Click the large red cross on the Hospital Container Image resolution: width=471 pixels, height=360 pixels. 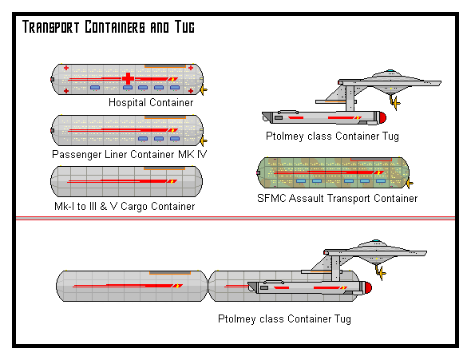tap(128, 79)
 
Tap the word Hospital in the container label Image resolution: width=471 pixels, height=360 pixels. tap(126, 103)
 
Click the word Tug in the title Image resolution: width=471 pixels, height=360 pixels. tap(184, 26)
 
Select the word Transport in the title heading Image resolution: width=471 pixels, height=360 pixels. tap(51, 26)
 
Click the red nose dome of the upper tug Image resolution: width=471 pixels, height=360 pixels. tap(382, 117)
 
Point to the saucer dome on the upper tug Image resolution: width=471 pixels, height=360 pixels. tap(390, 71)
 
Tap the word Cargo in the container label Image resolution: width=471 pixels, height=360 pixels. tap(134, 207)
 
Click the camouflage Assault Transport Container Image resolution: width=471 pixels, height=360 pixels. tap(334, 172)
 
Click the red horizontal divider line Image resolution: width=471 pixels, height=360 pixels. tap(235, 218)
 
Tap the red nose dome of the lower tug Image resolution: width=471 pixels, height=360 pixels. tap(368, 287)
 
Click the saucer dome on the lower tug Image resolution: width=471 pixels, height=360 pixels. tap(376, 241)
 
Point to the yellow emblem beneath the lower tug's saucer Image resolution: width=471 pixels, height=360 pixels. tap(382, 273)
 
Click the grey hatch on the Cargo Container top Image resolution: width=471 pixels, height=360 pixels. tap(164, 168)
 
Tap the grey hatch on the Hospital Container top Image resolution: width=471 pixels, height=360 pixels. tap(165, 66)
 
